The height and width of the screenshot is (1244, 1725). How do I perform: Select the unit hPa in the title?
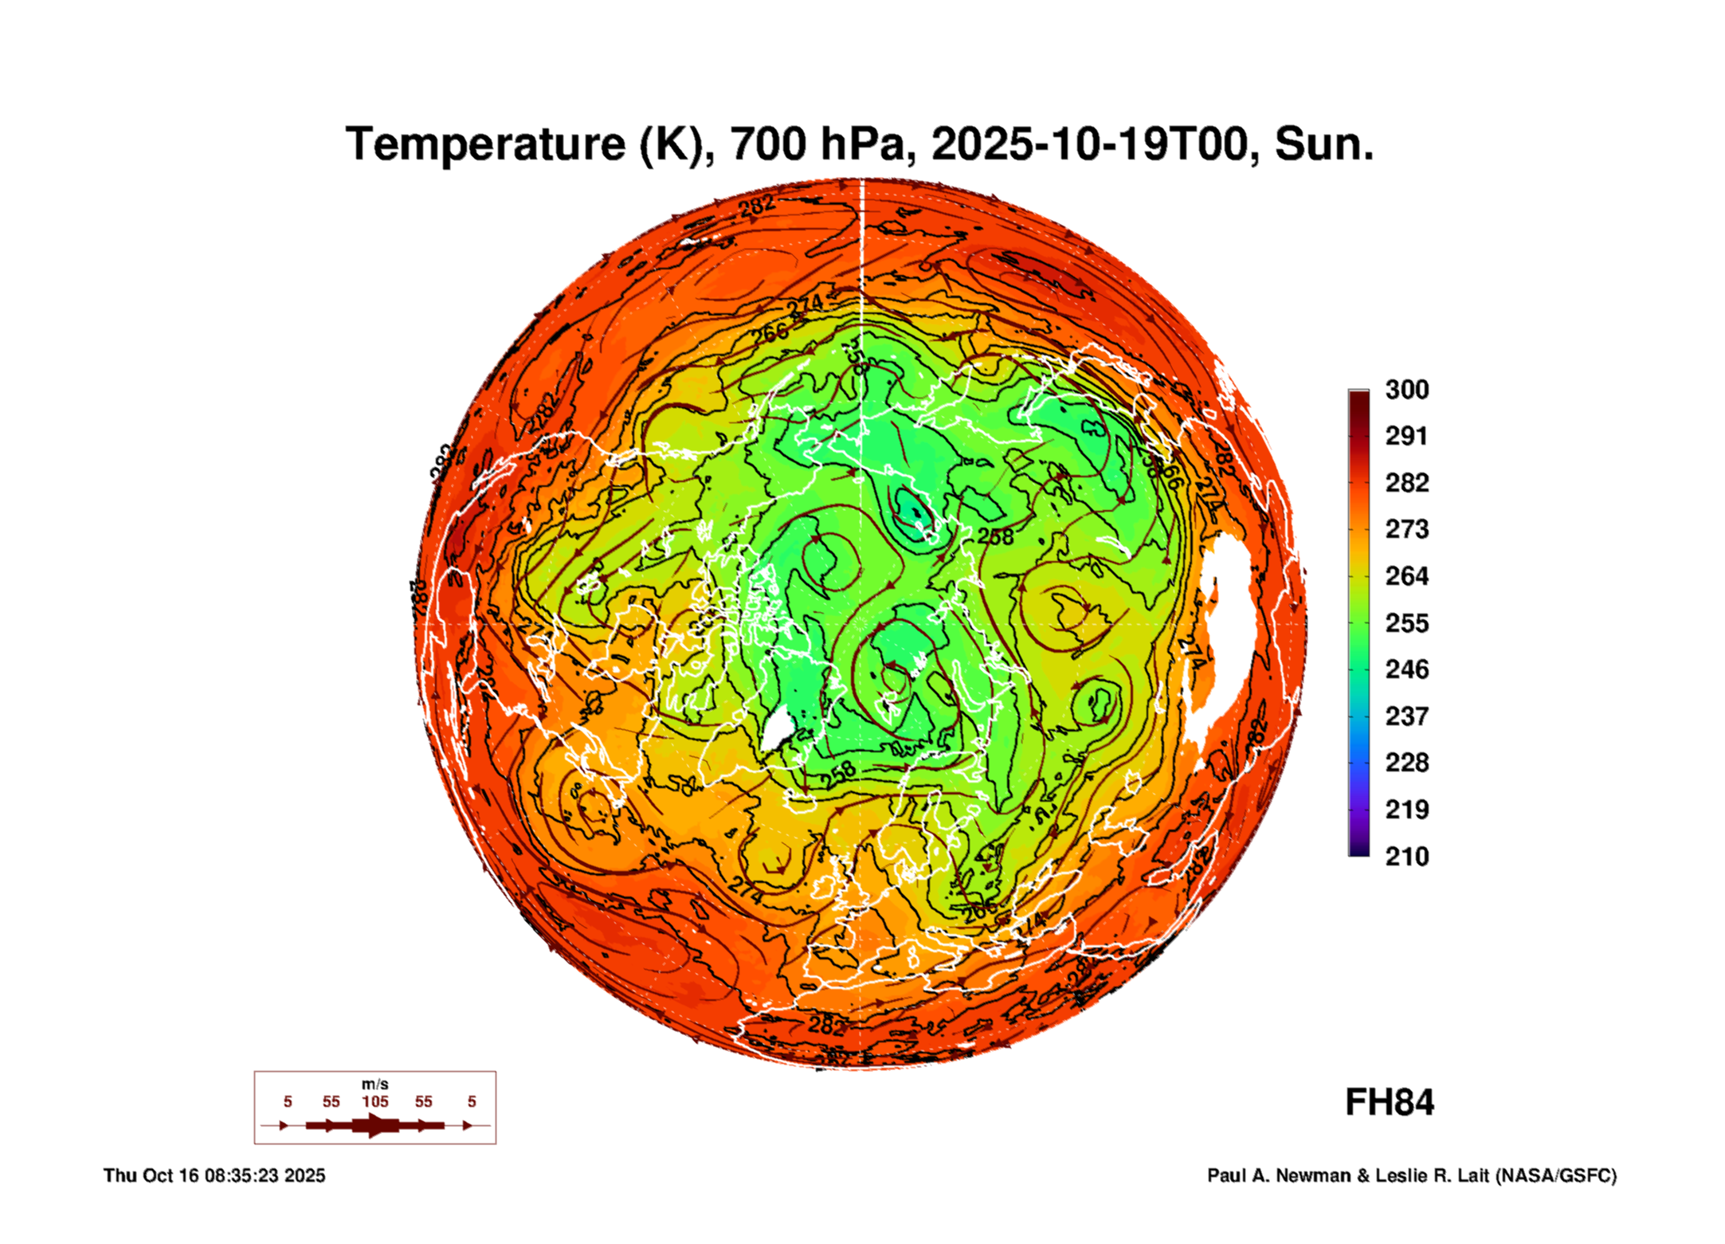coord(861,144)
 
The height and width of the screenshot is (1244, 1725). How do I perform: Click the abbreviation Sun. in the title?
coord(1323,144)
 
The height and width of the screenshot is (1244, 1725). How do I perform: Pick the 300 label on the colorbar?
coord(1406,390)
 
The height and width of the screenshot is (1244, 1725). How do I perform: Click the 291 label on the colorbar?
coord(1406,436)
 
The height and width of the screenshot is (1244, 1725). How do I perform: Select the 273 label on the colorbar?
coord(1406,529)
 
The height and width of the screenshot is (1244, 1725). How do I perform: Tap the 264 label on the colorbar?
coord(1406,576)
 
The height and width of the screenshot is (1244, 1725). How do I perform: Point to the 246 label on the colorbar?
coord(1406,669)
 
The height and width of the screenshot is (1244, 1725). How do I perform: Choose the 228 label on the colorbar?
coord(1406,763)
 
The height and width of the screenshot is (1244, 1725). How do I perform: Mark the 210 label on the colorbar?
coord(1406,857)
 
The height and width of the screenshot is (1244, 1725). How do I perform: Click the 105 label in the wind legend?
coord(375,1101)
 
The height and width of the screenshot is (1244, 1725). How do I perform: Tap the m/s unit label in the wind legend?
coord(375,1084)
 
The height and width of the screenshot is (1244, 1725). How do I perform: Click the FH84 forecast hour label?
coord(1390,1103)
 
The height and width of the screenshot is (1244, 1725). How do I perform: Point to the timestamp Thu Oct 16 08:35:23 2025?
coord(214,1175)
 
